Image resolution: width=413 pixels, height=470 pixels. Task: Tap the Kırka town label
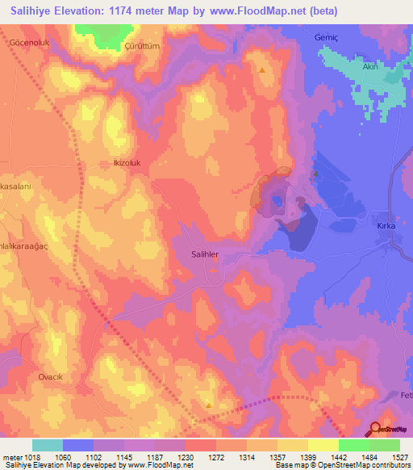coord(386,226)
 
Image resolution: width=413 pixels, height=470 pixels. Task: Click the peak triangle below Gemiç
coord(262,69)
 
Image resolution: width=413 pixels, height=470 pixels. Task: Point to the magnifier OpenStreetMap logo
coord(376,429)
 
